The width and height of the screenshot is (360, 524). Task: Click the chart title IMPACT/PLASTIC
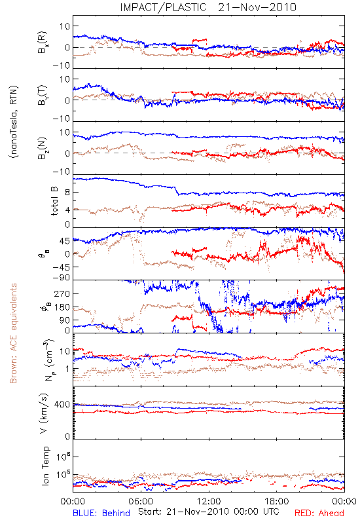tap(163, 7)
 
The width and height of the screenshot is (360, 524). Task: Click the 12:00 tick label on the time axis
tap(209, 501)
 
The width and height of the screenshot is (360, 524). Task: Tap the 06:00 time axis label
tap(141, 501)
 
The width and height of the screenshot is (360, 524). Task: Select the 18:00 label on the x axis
tap(277, 501)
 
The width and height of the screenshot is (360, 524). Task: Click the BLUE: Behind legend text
tap(101, 513)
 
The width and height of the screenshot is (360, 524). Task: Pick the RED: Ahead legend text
tap(319, 513)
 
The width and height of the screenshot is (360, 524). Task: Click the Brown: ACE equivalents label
tap(13, 333)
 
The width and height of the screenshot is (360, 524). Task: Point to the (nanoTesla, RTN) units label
tap(14, 122)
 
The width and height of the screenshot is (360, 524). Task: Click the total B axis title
tap(54, 201)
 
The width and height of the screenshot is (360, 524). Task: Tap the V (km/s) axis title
tap(45, 413)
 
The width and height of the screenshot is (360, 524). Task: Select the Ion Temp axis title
tap(45, 466)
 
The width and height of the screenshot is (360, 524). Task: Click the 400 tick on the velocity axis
tap(62, 405)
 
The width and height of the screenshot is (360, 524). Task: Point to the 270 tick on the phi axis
tap(62, 293)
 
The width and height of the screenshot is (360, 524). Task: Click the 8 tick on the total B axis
tap(67, 193)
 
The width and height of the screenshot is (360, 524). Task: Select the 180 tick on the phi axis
tap(62, 307)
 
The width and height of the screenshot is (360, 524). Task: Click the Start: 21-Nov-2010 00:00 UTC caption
tap(209, 512)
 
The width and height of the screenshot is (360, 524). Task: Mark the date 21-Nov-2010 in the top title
tap(257, 7)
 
